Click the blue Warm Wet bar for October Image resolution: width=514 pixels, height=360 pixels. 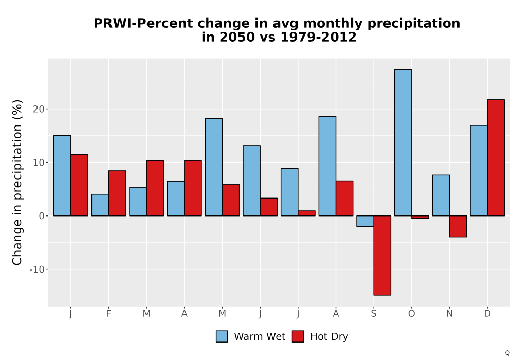[x=403, y=142]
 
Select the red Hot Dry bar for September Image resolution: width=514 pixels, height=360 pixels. [x=382, y=256]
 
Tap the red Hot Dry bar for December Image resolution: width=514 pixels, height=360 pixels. [x=495, y=158]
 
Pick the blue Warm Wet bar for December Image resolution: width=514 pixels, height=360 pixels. [x=479, y=171]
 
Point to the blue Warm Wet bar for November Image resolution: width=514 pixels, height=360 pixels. [x=441, y=195]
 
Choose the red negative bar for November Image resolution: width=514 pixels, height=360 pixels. [x=458, y=226]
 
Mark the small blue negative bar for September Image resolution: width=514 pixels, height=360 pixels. [x=365, y=221]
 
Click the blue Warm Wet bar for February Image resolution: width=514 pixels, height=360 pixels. [x=100, y=205]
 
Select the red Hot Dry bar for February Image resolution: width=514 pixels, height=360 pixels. [x=117, y=193]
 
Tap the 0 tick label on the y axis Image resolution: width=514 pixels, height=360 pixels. [x=41, y=215]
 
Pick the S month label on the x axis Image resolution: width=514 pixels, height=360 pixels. [x=373, y=314]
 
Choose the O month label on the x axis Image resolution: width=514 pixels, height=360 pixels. [x=411, y=314]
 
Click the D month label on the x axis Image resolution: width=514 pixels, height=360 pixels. [x=487, y=314]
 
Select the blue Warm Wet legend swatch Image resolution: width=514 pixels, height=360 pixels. [x=222, y=336]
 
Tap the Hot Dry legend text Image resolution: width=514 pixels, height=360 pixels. [x=329, y=337]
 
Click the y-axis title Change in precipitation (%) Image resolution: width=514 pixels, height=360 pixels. [x=17, y=182]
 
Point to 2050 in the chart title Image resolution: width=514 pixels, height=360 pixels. [x=237, y=37]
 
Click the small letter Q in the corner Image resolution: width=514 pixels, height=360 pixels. [x=507, y=353]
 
